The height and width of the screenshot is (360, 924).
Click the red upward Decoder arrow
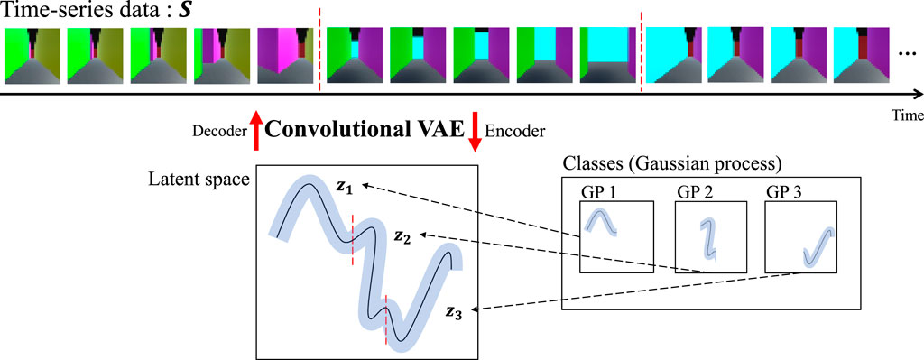(255, 130)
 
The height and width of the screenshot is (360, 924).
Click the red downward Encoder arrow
(474, 130)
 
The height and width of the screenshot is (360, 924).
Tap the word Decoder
(218, 132)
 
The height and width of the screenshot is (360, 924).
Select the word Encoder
(515, 132)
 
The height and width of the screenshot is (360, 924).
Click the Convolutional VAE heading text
(365, 130)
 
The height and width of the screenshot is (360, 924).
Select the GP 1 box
(614, 237)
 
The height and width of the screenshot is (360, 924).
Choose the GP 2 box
(710, 237)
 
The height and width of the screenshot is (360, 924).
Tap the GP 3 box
(799, 237)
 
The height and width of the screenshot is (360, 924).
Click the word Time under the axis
(906, 115)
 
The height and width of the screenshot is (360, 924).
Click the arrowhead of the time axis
(916, 94)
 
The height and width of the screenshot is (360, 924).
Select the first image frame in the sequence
(32, 56)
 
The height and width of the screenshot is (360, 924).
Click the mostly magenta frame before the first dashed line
(284, 56)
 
